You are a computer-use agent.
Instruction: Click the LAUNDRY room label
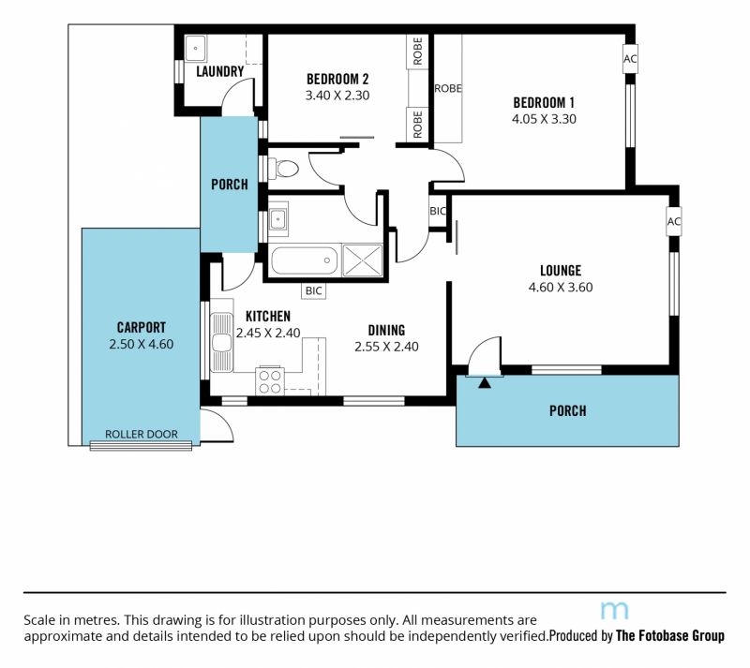coord(220,72)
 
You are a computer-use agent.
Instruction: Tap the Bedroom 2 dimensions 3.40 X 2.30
coord(337,96)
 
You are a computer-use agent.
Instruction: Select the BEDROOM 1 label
coord(544,102)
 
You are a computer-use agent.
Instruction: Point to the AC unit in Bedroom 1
coord(630,59)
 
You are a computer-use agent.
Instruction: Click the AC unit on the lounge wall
coord(673,221)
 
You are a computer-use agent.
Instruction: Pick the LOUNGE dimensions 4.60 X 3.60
coord(561,287)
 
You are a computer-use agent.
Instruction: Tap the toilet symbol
coord(284,169)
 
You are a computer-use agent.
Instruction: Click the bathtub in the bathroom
coord(305,260)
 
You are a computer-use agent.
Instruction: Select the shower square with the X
coord(363,260)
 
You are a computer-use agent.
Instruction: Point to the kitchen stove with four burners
coord(270,381)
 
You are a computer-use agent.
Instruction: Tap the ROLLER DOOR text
coord(142,434)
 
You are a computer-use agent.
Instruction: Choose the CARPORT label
coord(142,328)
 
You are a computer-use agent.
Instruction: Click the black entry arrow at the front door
coord(485,382)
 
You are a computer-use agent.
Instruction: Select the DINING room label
coord(386,331)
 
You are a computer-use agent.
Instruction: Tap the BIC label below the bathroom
coord(314,290)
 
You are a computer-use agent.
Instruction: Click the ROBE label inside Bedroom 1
coord(448,88)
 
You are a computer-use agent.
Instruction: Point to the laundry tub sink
coord(196,48)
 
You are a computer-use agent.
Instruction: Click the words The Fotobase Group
coord(670,635)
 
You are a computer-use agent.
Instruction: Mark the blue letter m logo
coord(614,611)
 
